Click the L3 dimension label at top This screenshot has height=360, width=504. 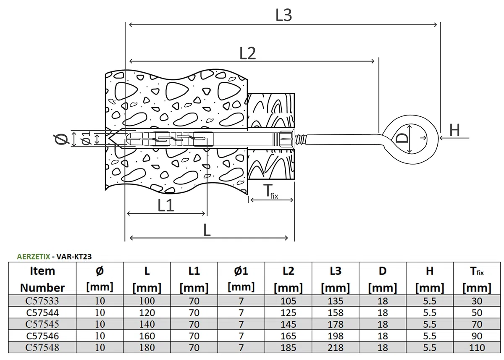pos(283,15)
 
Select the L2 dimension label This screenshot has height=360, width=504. pos(247,53)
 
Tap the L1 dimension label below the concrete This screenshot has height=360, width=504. pos(166,205)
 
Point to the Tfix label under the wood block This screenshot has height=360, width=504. pos(270,192)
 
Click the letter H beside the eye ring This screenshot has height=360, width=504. pos(454,130)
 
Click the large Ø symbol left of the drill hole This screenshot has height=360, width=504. pos(61,139)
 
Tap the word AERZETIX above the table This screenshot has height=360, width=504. pos(33,257)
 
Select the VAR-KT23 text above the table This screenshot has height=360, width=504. pos(74,257)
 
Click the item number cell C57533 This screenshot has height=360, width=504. pos(42,301)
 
